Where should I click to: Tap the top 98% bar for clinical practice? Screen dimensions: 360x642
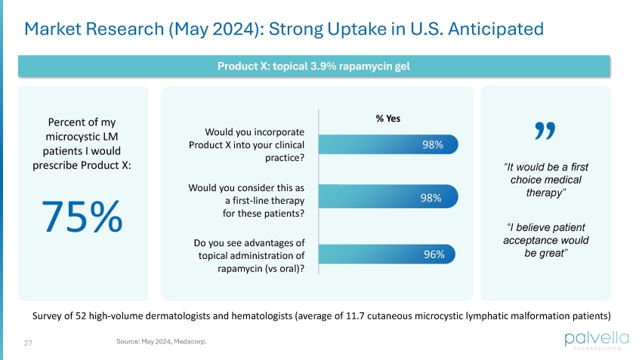[388, 143]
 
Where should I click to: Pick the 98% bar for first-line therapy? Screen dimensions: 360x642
[388, 198]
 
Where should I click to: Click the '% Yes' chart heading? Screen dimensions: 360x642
[389, 118]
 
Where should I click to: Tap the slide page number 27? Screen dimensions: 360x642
[28, 343]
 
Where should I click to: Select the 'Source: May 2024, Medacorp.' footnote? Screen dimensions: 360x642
[161, 342]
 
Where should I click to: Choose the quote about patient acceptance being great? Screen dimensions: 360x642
[545, 240]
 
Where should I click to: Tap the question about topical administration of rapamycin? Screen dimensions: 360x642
[249, 256]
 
